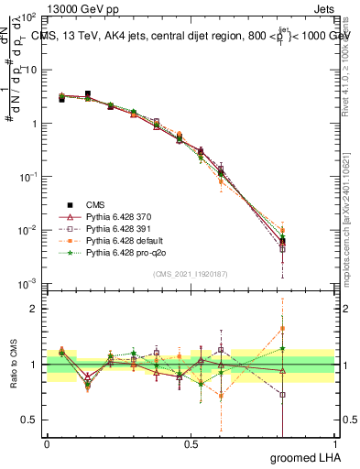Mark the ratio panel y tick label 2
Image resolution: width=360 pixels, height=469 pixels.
(x=34, y=309)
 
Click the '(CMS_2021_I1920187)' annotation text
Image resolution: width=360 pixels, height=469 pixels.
(x=191, y=274)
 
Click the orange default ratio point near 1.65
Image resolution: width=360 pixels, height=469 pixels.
(x=282, y=328)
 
